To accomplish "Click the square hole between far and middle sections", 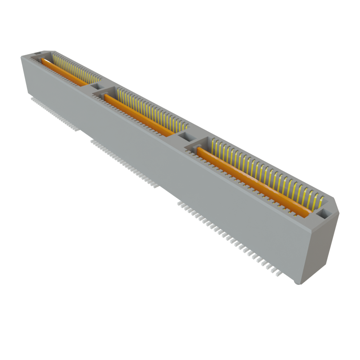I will tap(96, 86).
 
